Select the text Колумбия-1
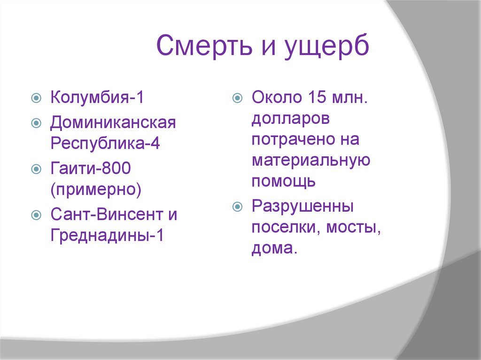97,99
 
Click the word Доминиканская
113,123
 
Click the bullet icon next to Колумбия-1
36,99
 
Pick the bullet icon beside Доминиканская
36,123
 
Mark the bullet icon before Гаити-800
36,169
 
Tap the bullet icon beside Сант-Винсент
36,215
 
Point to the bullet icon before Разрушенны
237,207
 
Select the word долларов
290,119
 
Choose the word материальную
310,160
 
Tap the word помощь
283,181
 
